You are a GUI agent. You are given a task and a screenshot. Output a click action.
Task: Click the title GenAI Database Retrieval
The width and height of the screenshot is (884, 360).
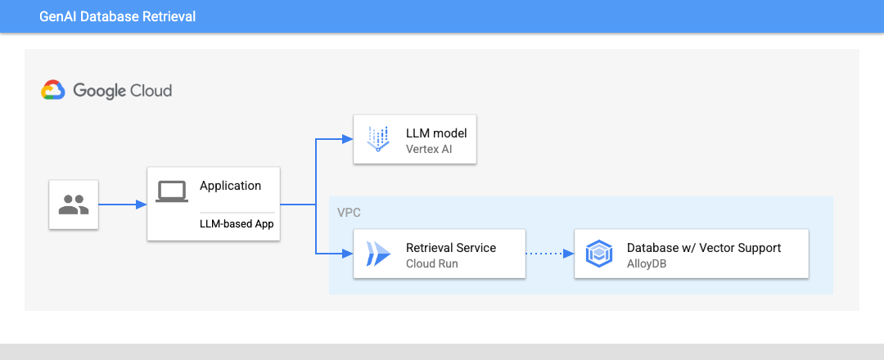[x=117, y=16]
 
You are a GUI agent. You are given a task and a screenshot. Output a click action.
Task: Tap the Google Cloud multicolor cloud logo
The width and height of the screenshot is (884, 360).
[x=53, y=90]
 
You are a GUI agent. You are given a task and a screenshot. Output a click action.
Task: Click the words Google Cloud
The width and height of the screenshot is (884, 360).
[x=122, y=90]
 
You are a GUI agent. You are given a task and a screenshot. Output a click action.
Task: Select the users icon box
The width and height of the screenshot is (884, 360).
[x=74, y=205]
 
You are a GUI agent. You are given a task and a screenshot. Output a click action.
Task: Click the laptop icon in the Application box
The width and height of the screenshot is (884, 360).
[x=172, y=191]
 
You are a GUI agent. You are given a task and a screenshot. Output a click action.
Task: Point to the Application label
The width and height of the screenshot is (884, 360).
[x=230, y=186]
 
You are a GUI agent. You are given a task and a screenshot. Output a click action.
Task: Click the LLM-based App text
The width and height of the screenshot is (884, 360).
[x=237, y=223]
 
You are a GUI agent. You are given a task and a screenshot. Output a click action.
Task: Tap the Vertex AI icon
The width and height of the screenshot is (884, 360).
[x=378, y=139]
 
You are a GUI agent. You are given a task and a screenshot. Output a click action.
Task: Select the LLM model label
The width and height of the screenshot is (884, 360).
[x=436, y=133]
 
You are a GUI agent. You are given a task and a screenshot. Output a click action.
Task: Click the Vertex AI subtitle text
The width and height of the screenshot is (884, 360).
[x=429, y=149]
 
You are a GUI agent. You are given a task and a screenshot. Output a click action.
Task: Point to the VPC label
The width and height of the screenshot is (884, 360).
[x=349, y=212]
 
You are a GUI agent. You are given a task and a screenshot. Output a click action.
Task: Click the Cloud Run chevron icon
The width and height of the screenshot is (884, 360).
[x=378, y=254]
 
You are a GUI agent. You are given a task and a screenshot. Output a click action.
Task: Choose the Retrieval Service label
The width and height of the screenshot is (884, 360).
[x=451, y=247]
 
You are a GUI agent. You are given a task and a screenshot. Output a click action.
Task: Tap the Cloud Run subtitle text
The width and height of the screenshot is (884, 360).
[x=431, y=263]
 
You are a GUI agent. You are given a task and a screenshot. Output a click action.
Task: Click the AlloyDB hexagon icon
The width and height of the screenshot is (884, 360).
[x=599, y=254]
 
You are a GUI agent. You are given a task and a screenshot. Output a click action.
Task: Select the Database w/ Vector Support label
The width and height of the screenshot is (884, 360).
[x=704, y=247]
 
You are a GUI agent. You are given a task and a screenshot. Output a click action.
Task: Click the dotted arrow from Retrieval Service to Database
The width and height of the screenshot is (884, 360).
[x=548, y=254]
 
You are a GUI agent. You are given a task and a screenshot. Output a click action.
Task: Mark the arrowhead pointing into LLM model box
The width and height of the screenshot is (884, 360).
[x=348, y=139]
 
